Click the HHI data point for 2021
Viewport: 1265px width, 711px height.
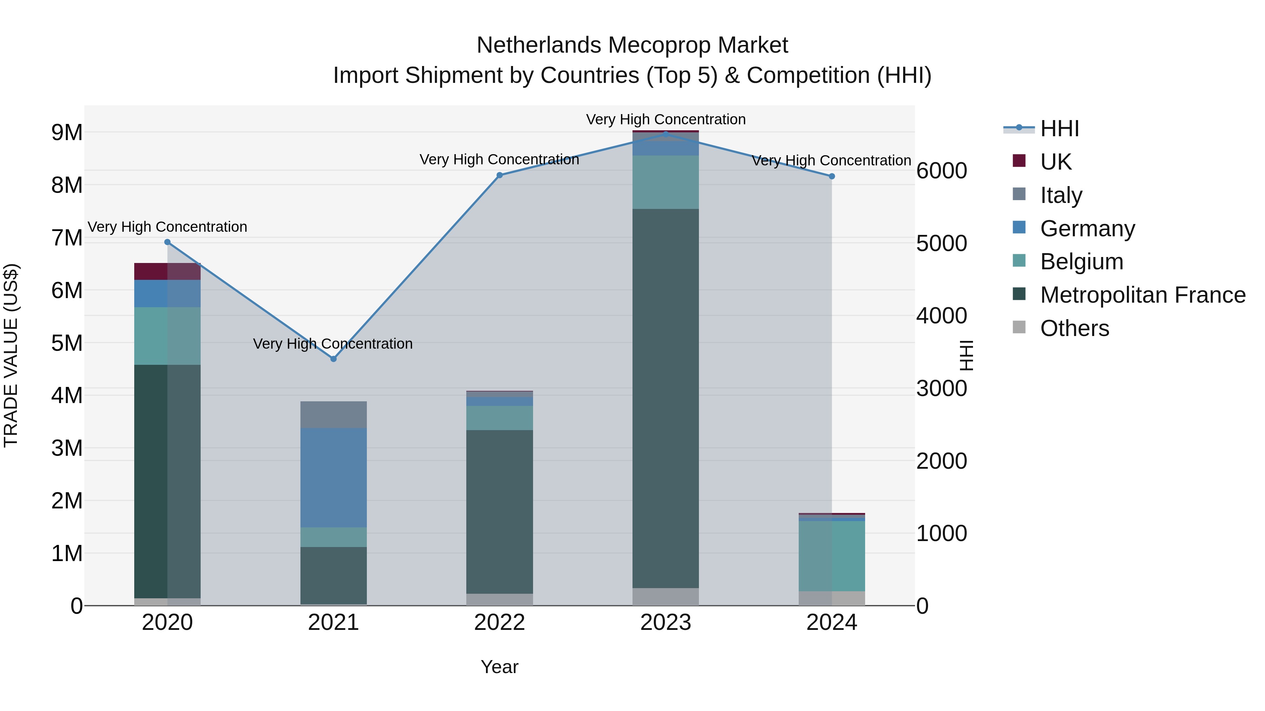(x=333, y=359)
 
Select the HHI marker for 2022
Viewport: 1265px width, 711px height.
(x=499, y=175)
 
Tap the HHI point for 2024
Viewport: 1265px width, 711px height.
(x=832, y=176)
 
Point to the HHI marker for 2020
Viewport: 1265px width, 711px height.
(x=168, y=242)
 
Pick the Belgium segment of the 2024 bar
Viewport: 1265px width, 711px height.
(x=832, y=555)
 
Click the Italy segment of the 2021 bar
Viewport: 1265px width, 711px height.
(x=333, y=414)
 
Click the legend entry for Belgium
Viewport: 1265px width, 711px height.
(x=1081, y=262)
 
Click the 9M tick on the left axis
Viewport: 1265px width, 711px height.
(x=67, y=132)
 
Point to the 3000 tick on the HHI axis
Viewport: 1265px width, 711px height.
(x=941, y=389)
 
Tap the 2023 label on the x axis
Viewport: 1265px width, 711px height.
(x=666, y=623)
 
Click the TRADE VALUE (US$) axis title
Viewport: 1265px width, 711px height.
(x=11, y=355)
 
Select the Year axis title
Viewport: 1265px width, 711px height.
(x=499, y=667)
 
